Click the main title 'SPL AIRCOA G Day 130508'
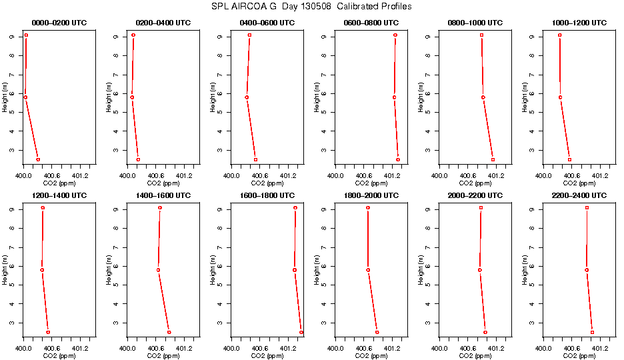pyautogui.click(x=311, y=7)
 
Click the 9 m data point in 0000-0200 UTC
pyautogui.click(x=26, y=35)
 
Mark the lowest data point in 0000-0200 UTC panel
pyautogui.click(x=38, y=159)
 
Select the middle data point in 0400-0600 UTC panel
pyautogui.click(x=247, y=97)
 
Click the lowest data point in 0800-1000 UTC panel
pyautogui.click(x=493, y=159)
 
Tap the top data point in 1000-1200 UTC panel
pyautogui.click(x=559, y=35)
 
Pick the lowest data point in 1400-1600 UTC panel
pyautogui.click(x=169, y=332)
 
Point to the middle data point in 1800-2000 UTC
pyautogui.click(x=368, y=270)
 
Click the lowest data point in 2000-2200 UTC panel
pyautogui.click(x=485, y=332)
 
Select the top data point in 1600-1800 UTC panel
pyautogui.click(x=295, y=208)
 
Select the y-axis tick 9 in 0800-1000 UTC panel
pyautogui.click(x=433, y=35)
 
